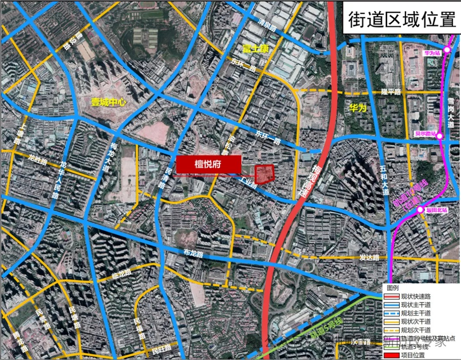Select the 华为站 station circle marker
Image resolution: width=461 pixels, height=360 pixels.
447,50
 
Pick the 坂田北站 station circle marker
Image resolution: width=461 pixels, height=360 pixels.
420,210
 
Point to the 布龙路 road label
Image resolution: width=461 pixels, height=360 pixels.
193,253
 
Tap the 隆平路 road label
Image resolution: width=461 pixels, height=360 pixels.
391,92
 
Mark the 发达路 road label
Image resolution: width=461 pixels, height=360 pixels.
370,257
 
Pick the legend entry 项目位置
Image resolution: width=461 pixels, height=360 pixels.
413,355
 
